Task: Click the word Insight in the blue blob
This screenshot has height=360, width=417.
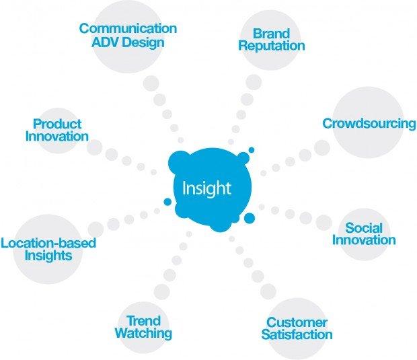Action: pyautogui.click(x=206, y=188)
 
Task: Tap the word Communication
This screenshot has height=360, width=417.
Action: pyautogui.click(x=128, y=28)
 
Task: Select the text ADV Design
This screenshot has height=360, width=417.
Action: pyautogui.click(x=128, y=42)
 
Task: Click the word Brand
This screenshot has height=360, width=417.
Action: pyautogui.click(x=271, y=34)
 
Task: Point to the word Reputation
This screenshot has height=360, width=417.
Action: pyautogui.click(x=272, y=46)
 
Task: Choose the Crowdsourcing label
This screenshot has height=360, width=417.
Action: pyautogui.click(x=369, y=124)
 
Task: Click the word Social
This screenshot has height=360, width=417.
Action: pyautogui.click(x=364, y=228)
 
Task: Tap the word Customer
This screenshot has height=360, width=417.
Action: pyautogui.click(x=297, y=322)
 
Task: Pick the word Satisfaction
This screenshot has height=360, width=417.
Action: pyautogui.click(x=297, y=334)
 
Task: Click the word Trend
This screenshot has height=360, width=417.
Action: pyautogui.click(x=144, y=320)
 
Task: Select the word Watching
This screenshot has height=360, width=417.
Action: pyautogui.click(x=144, y=333)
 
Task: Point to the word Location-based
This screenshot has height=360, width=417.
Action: pyautogui.click(x=48, y=243)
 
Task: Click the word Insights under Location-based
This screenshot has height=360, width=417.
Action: pyautogui.click(x=48, y=256)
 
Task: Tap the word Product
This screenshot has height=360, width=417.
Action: pyautogui.click(x=57, y=124)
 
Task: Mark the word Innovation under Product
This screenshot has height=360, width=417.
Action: pyautogui.click(x=57, y=137)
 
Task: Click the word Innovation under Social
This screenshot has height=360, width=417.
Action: pyautogui.click(x=364, y=240)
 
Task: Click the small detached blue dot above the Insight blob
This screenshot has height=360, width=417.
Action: pyautogui.click(x=252, y=150)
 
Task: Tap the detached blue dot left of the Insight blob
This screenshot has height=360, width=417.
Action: pyautogui.click(x=167, y=202)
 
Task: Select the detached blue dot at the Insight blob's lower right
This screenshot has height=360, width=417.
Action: pyautogui.click(x=250, y=218)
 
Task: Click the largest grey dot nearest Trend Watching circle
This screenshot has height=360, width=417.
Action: pyautogui.click(x=161, y=292)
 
